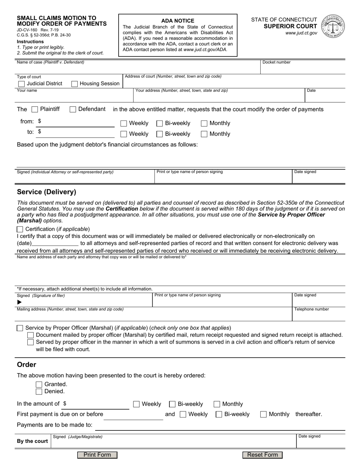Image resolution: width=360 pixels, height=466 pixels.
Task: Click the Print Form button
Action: coord(97,455)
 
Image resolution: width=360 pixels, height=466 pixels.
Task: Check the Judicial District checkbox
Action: coord(22,84)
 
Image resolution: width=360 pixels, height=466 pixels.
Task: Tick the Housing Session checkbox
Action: coord(75,84)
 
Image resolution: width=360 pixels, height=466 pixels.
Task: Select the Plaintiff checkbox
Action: coord(34,109)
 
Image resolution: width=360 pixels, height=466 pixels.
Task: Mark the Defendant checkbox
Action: coord(73,109)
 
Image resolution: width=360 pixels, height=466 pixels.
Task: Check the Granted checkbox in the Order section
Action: coord(39,385)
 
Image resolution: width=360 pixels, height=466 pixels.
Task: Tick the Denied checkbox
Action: coord(39,392)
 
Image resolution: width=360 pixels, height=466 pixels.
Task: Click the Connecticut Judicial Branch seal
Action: coord(333,26)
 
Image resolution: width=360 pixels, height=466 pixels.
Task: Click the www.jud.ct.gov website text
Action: coord(301,33)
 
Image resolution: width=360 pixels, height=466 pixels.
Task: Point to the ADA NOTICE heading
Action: coord(178,21)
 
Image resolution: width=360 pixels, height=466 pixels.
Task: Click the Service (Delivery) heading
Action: coord(47,192)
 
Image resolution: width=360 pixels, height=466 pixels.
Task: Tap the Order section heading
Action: coord(27,365)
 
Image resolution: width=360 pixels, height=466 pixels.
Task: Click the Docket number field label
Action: coord(276,62)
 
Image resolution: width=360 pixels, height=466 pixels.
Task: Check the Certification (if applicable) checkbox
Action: coord(20,229)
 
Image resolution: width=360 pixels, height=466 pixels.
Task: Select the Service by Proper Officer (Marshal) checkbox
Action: coord(20,328)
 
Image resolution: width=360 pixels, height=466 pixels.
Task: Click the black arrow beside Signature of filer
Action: coord(20,302)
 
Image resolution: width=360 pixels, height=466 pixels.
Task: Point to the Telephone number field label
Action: coord(311,309)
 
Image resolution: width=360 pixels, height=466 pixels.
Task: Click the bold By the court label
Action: coord(33,441)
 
